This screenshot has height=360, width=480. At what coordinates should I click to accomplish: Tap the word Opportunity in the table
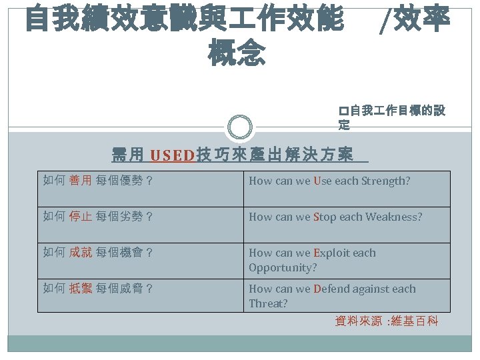[x=283, y=267]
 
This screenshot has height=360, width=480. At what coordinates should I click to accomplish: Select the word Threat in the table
[x=268, y=303]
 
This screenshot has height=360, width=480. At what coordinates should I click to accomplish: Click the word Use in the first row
[x=321, y=181]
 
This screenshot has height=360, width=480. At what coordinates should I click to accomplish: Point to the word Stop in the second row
[x=325, y=217]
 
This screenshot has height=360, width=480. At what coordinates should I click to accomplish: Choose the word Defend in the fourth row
[x=331, y=289]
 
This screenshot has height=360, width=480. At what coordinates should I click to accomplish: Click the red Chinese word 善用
[x=81, y=181]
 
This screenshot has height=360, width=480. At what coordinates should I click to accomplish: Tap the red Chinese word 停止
[x=81, y=217]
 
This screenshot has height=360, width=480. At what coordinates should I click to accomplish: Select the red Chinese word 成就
[x=81, y=253]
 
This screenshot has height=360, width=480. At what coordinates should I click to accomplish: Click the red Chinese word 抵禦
[x=81, y=289]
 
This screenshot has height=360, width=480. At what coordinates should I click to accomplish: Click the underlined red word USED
[x=172, y=156]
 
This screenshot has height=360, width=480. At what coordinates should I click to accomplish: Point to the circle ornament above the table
[x=239, y=127]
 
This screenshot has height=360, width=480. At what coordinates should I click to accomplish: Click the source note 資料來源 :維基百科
[x=386, y=321]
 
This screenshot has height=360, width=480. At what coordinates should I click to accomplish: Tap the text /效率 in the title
[x=414, y=20]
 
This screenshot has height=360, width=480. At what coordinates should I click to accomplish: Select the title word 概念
[x=237, y=53]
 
